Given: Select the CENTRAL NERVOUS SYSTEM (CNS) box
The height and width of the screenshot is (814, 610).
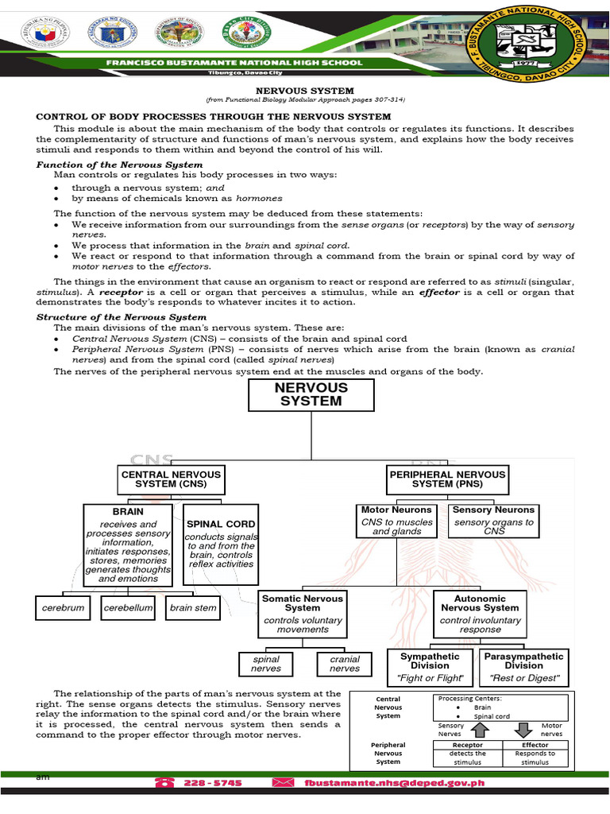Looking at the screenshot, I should [x=171, y=479].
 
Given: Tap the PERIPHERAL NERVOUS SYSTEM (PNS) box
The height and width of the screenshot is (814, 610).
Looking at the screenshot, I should [x=448, y=479].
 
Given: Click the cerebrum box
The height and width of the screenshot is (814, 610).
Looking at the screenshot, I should [x=63, y=609].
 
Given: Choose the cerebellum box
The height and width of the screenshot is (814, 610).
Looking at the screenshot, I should [x=127, y=609].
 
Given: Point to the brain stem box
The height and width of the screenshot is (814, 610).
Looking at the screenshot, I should [x=192, y=609].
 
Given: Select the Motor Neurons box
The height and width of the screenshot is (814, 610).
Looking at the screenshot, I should [x=396, y=520].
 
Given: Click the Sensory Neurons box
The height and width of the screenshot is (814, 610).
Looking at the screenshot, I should [x=493, y=520].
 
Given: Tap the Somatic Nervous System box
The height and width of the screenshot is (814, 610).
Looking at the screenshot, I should [x=303, y=613].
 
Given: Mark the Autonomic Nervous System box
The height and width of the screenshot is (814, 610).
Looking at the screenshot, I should [x=480, y=613].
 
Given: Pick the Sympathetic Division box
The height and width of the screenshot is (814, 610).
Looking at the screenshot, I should [x=430, y=667].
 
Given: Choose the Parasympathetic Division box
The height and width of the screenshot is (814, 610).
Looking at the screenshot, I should [x=525, y=667].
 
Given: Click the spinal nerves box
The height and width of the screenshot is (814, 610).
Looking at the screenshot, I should [x=266, y=664].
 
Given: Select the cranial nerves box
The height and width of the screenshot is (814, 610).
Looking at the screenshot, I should [x=345, y=664].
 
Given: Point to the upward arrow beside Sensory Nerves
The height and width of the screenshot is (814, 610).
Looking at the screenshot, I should [x=478, y=730].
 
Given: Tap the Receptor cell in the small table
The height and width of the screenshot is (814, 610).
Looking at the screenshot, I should [x=467, y=745].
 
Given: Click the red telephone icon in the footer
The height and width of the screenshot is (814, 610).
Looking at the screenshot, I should [x=166, y=782].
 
